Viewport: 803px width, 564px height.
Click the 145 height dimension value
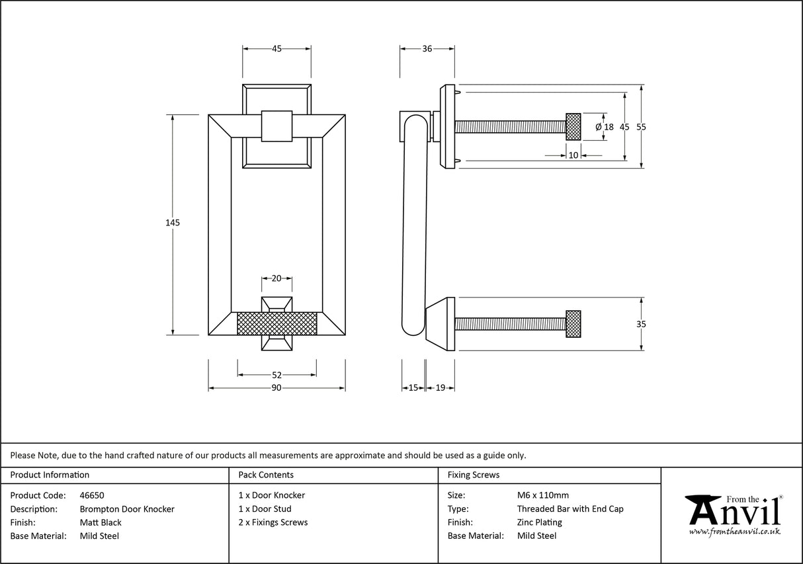pos(173,223)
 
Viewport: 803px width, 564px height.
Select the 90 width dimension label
pos(276,387)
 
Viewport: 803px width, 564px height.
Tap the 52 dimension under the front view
pos(276,375)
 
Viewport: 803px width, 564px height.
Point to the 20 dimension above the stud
pos(276,278)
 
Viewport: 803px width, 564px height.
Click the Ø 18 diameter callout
pos(605,127)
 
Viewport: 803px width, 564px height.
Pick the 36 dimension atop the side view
pos(427,48)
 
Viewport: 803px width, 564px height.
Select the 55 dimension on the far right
pos(641,127)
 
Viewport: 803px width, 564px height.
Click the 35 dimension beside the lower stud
pos(641,324)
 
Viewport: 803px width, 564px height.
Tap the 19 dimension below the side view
pos(440,387)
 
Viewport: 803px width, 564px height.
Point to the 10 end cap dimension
pos(573,155)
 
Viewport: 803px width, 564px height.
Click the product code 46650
pos(91,495)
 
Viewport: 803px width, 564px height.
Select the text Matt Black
pos(101,522)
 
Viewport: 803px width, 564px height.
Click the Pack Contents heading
pos(266,475)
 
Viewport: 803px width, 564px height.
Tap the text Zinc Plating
pos(539,522)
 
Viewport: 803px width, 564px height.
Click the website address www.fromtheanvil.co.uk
pos(734,531)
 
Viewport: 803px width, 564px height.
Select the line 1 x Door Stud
pos(265,509)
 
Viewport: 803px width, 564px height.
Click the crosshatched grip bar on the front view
pos(276,324)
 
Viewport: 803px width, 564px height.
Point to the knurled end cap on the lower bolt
pos(573,324)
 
